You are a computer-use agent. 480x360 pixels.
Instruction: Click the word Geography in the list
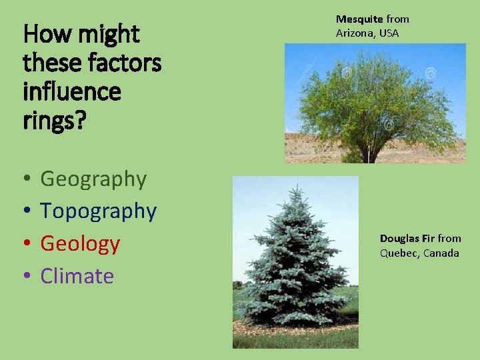click(x=93, y=179)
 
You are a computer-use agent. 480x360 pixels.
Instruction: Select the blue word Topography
click(x=98, y=211)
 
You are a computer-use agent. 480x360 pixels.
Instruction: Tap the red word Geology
click(x=80, y=244)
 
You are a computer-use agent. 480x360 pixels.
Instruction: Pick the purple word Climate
click(x=77, y=276)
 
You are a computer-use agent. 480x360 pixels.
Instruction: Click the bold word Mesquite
click(x=359, y=19)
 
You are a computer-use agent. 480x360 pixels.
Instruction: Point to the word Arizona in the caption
click(x=354, y=33)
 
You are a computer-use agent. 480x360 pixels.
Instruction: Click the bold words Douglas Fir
click(x=407, y=239)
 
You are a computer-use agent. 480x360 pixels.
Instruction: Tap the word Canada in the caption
click(x=442, y=253)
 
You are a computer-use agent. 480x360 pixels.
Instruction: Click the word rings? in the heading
click(x=54, y=119)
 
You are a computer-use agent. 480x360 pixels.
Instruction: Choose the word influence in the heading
click(x=72, y=91)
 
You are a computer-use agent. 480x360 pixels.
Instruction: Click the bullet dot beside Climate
click(x=25, y=277)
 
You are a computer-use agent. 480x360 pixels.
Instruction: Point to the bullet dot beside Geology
click(x=25, y=245)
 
